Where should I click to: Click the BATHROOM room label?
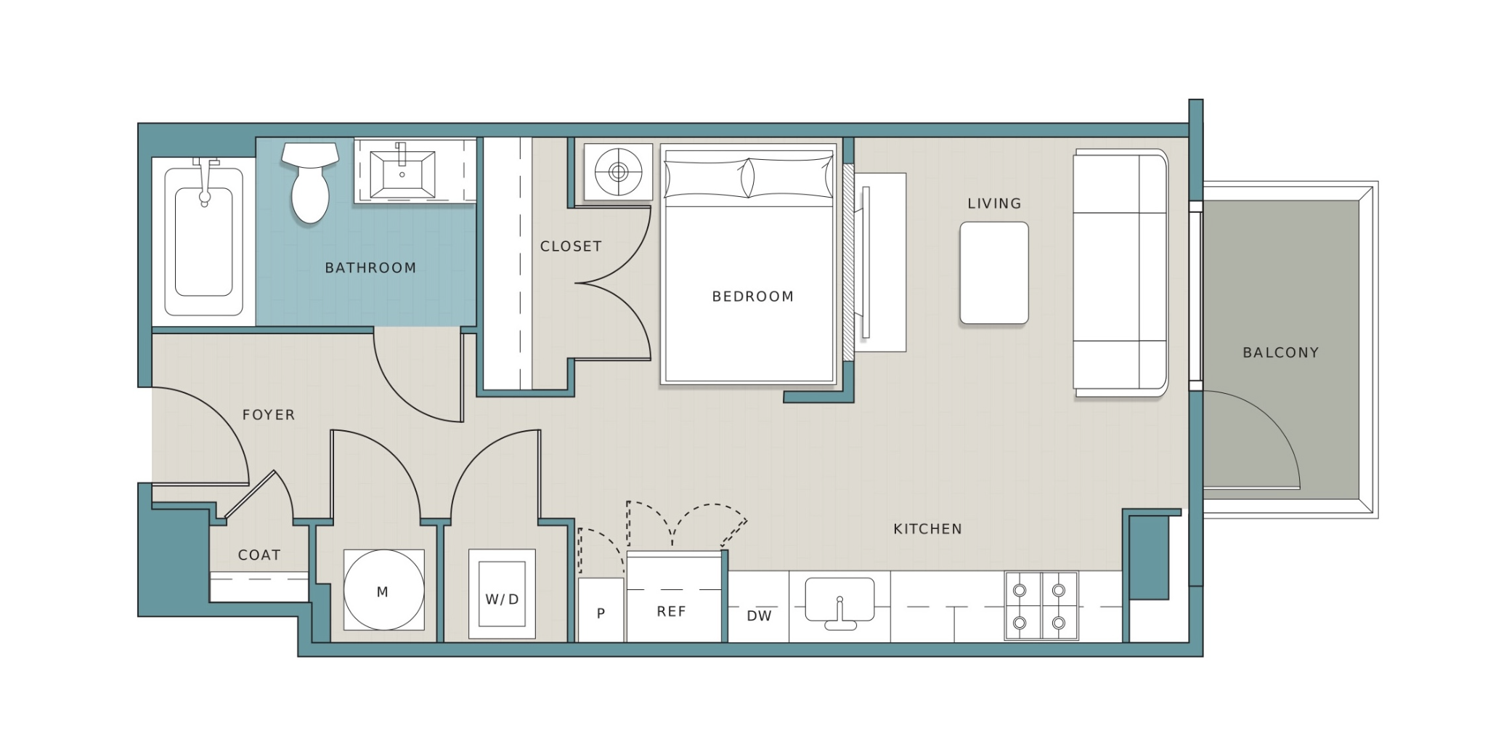click(370, 267)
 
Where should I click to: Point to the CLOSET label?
click(571, 246)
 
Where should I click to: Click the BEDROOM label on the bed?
click(753, 296)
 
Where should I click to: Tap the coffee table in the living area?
click(994, 272)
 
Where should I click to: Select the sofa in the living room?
click(1120, 272)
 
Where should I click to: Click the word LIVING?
click(994, 203)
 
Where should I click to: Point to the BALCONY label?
click(1281, 352)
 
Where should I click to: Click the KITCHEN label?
click(928, 529)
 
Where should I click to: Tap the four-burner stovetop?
click(1041, 606)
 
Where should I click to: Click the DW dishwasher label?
click(759, 616)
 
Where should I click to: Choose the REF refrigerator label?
click(671, 612)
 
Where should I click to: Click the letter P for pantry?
click(601, 614)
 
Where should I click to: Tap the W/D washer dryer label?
click(503, 599)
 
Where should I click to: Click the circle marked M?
click(383, 590)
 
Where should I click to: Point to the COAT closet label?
click(259, 555)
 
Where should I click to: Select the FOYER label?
click(269, 415)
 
